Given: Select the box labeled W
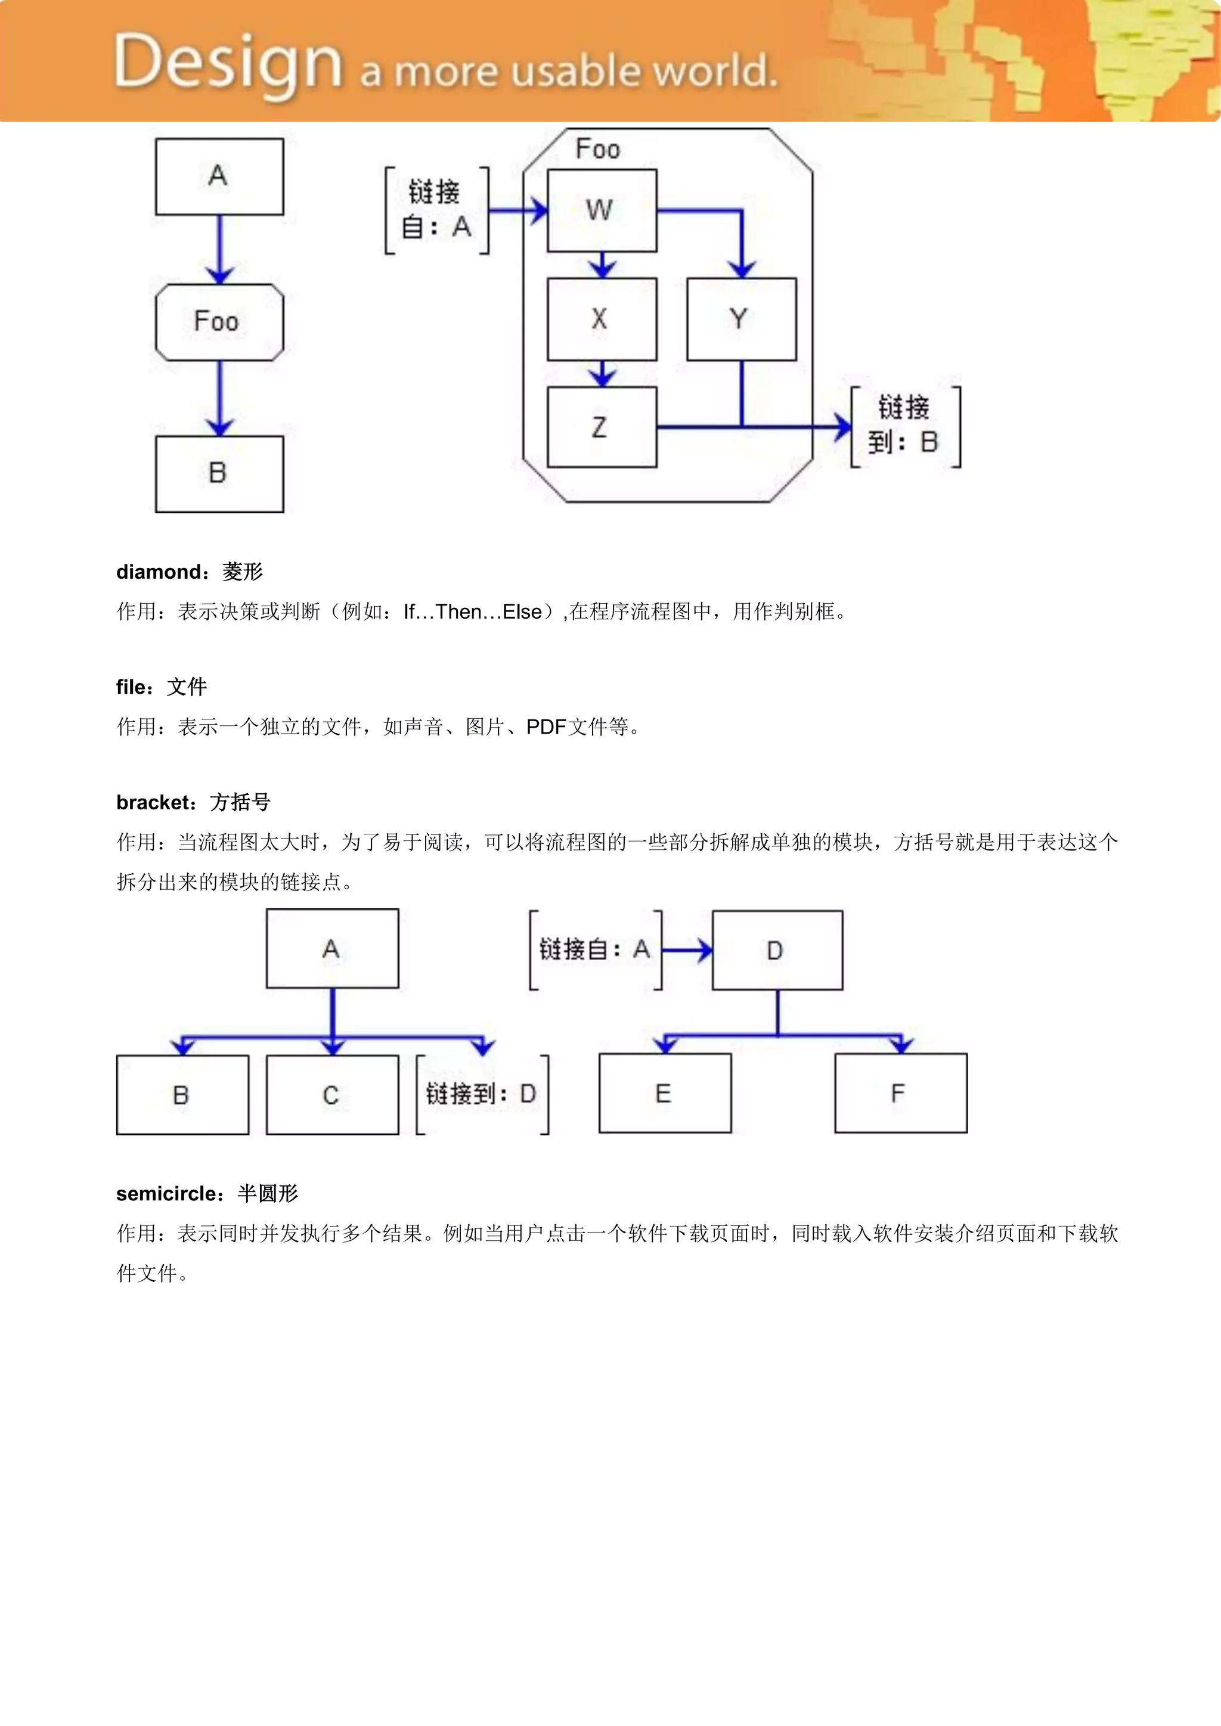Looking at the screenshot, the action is [602, 210].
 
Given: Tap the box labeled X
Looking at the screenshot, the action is [602, 319].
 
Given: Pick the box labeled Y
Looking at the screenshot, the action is [741, 319].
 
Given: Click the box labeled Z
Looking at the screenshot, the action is [602, 427].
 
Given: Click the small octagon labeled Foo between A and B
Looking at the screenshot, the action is [219, 322].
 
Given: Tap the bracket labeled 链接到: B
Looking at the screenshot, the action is [905, 426].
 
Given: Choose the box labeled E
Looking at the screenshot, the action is [665, 1093].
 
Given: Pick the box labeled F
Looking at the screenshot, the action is [900, 1093].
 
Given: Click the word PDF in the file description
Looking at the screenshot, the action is [545, 727].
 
